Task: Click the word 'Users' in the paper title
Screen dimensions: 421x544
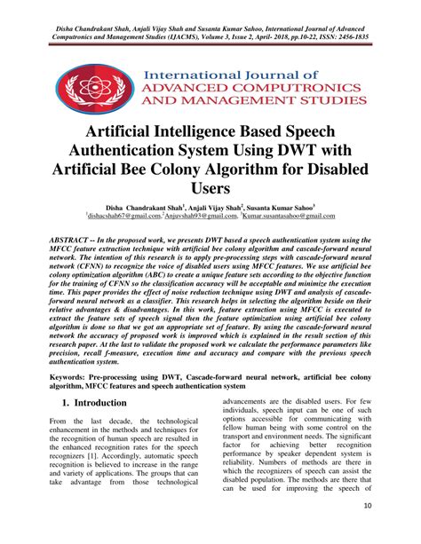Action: [x=210, y=189]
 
